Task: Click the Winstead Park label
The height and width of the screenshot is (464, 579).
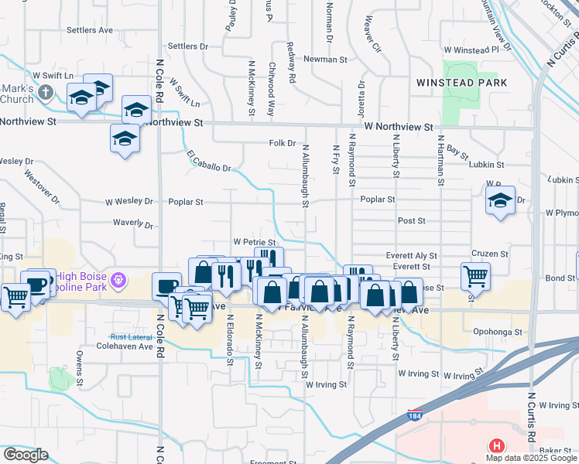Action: [x=461, y=82]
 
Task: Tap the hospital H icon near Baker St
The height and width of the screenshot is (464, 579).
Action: [x=495, y=445]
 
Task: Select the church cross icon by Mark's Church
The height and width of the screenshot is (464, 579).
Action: [x=46, y=94]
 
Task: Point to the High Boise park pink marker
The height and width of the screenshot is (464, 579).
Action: [x=118, y=278]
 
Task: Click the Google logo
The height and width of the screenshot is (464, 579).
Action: [x=25, y=455]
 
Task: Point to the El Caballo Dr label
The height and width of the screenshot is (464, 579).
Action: [x=209, y=162]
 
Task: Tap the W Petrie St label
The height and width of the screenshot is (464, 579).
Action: [x=255, y=242]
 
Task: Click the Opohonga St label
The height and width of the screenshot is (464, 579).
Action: [x=498, y=332]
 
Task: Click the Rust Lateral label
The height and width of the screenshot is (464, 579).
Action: [x=129, y=336]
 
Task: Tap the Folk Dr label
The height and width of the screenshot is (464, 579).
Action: [x=283, y=143]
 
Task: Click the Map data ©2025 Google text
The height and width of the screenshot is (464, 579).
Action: [x=531, y=458]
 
